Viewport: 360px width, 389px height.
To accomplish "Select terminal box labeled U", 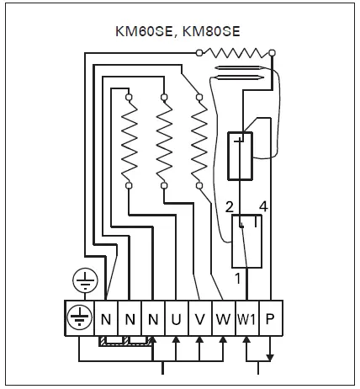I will coord(175,320).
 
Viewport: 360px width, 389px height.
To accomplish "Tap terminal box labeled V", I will coord(199,320).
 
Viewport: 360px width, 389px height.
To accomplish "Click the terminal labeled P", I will coord(269,320).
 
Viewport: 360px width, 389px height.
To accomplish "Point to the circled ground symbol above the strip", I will coord(87,280).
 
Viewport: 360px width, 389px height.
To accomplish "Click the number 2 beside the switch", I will coord(229,206).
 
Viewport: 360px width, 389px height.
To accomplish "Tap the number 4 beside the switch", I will coord(263,206).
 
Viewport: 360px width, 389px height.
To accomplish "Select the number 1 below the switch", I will coord(237,277).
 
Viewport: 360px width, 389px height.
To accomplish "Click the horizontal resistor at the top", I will coord(236,53).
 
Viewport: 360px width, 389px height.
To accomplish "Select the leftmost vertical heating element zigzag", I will coord(130,141).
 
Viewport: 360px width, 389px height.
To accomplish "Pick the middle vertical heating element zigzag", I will coord(164,141).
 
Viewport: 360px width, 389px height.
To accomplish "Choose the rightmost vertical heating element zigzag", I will coord(199,141).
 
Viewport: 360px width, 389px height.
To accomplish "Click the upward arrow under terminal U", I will coord(175,341).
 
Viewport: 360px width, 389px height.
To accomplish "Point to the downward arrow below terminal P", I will coord(269,356).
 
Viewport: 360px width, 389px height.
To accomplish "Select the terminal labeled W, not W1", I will coord(222,320).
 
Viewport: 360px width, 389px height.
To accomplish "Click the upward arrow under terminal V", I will coord(199,341).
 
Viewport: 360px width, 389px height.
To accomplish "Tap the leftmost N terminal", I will coord(106,320).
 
